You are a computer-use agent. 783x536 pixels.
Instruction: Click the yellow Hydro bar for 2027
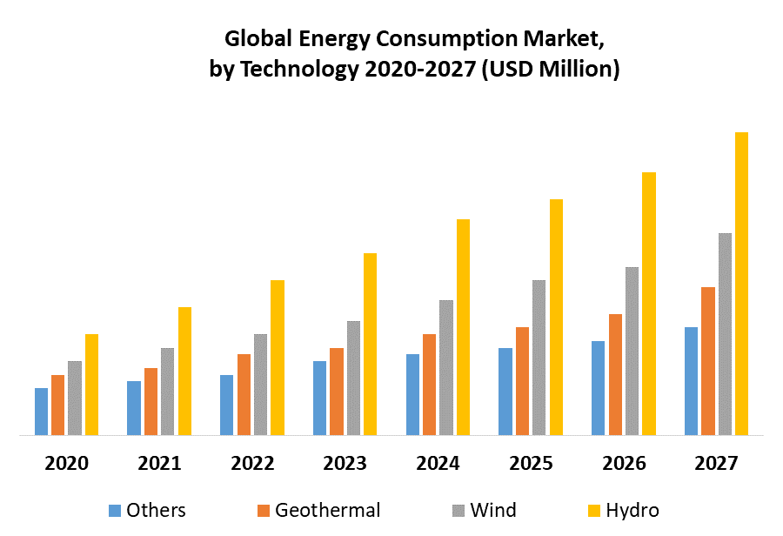click(x=741, y=283)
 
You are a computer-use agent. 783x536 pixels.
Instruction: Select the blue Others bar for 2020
click(x=41, y=411)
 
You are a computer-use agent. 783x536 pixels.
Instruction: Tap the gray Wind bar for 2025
click(x=539, y=357)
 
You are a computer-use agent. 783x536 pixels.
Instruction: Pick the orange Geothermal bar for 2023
click(x=337, y=391)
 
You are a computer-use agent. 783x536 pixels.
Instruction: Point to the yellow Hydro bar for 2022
click(x=278, y=357)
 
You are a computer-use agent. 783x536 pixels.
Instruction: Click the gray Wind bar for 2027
click(x=725, y=333)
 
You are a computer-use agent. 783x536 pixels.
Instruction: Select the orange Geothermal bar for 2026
click(x=615, y=374)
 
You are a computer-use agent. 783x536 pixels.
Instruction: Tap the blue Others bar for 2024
click(x=412, y=394)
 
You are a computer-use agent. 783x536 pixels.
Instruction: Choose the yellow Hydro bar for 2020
click(x=91, y=384)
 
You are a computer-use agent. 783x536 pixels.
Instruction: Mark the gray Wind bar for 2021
click(x=167, y=391)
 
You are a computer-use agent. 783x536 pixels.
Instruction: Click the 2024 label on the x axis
click(x=438, y=463)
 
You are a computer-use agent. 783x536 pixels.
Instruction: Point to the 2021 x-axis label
click(x=159, y=463)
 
